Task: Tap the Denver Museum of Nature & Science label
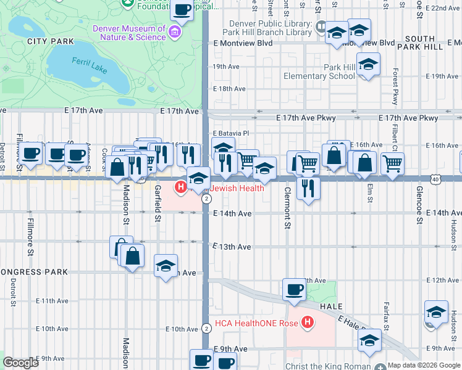click(x=129, y=33)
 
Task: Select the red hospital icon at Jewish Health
click(x=181, y=187)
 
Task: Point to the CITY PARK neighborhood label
click(x=51, y=41)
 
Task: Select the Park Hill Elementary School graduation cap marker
click(x=368, y=64)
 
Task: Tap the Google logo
click(x=20, y=363)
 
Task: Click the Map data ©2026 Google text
click(x=424, y=365)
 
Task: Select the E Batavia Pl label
click(x=230, y=133)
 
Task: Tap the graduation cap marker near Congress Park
click(x=166, y=266)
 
